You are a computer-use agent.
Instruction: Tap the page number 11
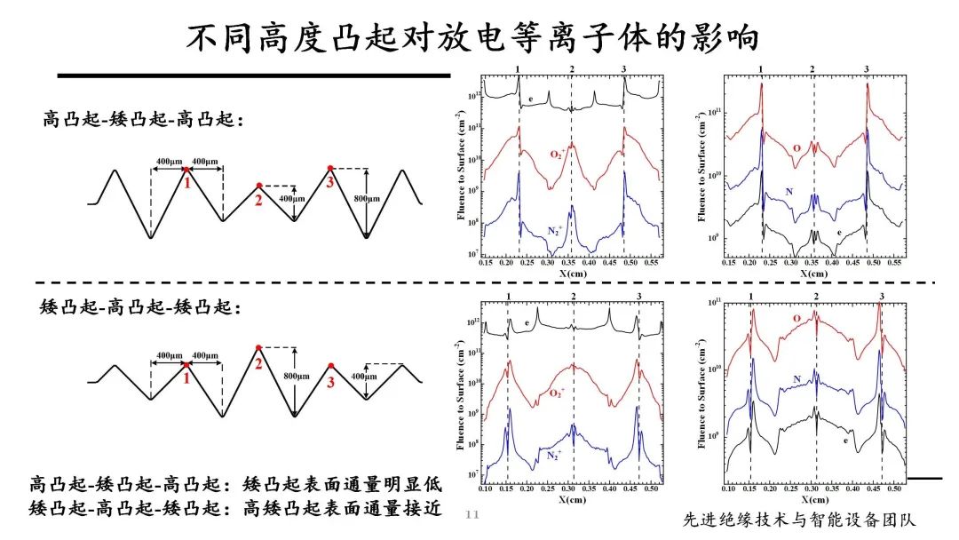click(x=472, y=514)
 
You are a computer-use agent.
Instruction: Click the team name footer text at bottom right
click(x=799, y=520)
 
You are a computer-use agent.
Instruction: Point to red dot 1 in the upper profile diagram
click(x=185, y=168)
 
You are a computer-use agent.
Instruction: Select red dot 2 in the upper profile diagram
click(x=258, y=186)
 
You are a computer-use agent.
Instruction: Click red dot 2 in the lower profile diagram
click(x=258, y=347)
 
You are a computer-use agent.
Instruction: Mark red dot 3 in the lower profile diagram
click(x=330, y=365)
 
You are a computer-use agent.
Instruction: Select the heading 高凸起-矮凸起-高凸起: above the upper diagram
click(x=143, y=119)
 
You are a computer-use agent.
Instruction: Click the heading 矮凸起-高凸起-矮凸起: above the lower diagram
click(x=142, y=307)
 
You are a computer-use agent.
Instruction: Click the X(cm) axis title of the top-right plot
click(x=814, y=276)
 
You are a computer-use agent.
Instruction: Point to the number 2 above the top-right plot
click(x=812, y=69)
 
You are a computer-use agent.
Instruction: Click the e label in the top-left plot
click(x=530, y=99)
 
